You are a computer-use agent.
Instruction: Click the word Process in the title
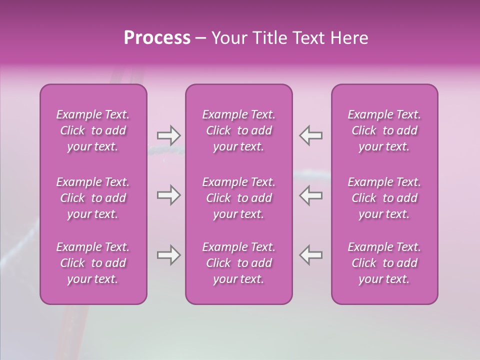point(157,38)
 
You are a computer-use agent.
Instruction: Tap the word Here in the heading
point(350,38)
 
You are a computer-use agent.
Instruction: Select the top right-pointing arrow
point(168,135)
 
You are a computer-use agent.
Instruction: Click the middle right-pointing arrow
point(168,195)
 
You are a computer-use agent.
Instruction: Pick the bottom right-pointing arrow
point(168,255)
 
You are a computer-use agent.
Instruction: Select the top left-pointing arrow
point(311,135)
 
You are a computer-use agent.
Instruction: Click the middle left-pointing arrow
point(311,195)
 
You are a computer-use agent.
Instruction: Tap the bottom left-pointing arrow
point(311,255)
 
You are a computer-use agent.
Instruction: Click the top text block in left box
point(93,130)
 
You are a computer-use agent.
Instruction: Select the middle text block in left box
point(93,198)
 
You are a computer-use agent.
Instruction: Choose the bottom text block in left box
point(93,263)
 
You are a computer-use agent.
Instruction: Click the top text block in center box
point(239,130)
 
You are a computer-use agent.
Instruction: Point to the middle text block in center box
point(239,198)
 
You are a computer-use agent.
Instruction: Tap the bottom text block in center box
point(239,263)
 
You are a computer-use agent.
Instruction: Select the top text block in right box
point(384,130)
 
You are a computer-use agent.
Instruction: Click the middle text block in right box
point(384,198)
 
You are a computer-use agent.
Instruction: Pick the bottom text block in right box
point(384,263)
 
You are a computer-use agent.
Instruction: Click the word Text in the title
point(312,38)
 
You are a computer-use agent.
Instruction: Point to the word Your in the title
point(229,38)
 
